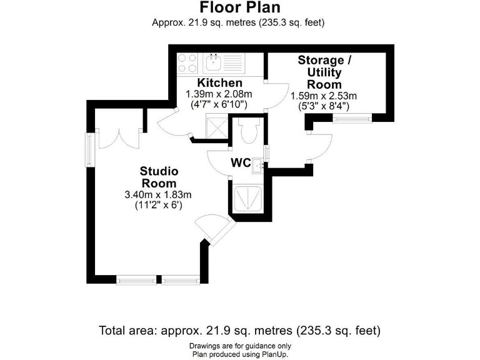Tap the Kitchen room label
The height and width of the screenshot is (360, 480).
pyautogui.click(x=219, y=83)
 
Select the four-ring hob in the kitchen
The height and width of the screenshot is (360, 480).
pyautogui.click(x=187, y=62)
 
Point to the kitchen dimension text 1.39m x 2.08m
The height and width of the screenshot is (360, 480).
pyautogui.click(x=219, y=94)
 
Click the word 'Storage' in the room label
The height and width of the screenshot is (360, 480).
pyautogui.click(x=321, y=61)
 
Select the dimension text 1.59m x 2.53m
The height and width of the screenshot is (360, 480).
pyautogui.click(x=323, y=96)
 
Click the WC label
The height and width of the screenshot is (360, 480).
pyautogui.click(x=241, y=163)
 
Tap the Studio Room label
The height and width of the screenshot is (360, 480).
pyautogui.click(x=159, y=177)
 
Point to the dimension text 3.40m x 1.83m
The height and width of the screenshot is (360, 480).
pyautogui.click(x=158, y=194)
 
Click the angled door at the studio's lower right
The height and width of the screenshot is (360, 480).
pyautogui.click(x=214, y=228)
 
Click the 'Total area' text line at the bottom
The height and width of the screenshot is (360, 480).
pyautogui.click(x=240, y=330)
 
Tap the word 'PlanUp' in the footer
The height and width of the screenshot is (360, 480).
pyautogui.click(x=274, y=354)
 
